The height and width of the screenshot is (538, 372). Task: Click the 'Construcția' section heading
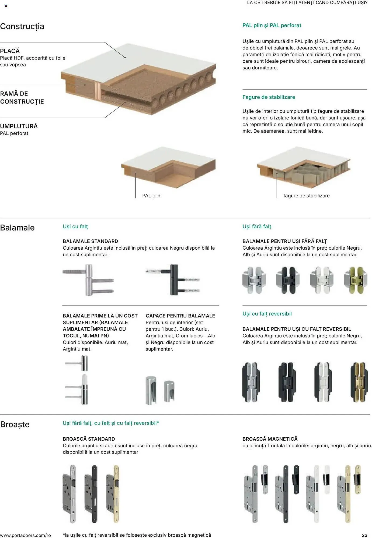22,26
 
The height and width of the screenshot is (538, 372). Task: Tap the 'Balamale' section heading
17,228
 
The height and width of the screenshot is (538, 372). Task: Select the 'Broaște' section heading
15,424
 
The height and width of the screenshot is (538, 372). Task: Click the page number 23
364,535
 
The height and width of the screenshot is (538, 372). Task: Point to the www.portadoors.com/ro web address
25,535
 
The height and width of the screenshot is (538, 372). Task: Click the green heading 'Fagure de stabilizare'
269,97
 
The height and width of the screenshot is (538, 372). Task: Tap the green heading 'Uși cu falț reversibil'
267,314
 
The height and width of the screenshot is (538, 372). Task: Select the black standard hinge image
173,280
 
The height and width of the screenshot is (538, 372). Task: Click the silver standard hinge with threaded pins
88,280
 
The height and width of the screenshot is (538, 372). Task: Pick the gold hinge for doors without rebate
356,280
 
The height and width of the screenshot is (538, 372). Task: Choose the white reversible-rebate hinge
323,382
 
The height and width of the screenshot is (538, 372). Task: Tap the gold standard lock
113,494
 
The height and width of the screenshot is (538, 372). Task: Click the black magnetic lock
287,494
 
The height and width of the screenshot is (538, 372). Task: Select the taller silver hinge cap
151,390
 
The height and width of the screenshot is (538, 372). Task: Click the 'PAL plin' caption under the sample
151,196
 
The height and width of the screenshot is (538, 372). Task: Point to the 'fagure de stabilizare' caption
307,196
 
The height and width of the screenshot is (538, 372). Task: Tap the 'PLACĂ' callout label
10,51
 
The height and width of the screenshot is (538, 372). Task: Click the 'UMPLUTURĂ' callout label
19,126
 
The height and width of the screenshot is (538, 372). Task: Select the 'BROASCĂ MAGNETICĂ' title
270,439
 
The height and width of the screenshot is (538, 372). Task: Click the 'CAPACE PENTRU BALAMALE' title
180,316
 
